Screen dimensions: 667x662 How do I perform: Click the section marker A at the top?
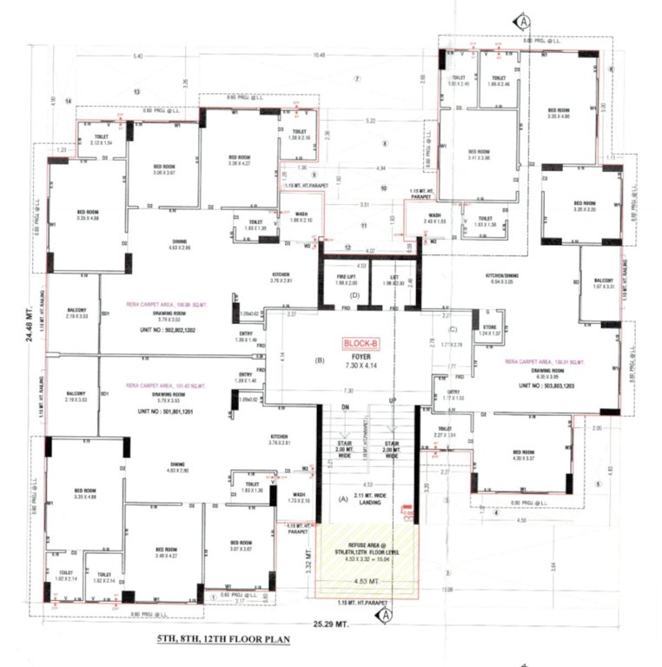pos(524,19)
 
